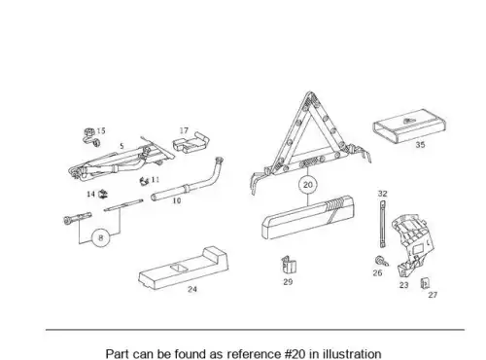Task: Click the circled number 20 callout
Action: [x=307, y=185]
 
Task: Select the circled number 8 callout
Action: [x=101, y=238]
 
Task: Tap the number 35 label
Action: [x=420, y=145]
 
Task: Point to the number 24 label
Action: [x=192, y=289]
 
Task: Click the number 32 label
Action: [x=382, y=194]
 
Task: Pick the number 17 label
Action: [x=184, y=130]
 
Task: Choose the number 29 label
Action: [x=288, y=282]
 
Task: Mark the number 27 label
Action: [x=433, y=295]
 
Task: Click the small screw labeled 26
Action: [x=380, y=261]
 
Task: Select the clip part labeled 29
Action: [x=289, y=266]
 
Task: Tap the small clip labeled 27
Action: [x=425, y=283]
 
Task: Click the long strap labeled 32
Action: [x=382, y=225]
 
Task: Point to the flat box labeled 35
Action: [x=409, y=126]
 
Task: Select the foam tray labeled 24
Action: [x=184, y=268]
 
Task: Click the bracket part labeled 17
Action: [x=191, y=143]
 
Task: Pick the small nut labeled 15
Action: [x=91, y=137]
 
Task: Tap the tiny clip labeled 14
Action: [x=103, y=194]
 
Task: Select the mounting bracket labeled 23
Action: [x=410, y=244]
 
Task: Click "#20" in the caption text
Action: [x=295, y=353]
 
